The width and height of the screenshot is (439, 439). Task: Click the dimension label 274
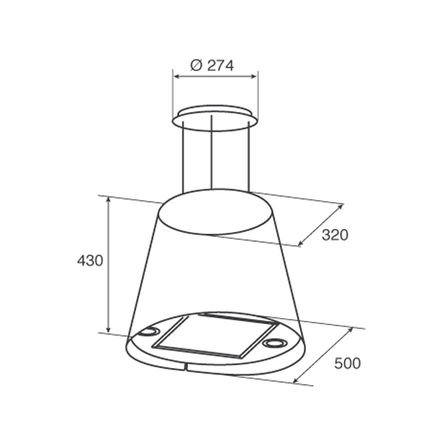click(x=220, y=66)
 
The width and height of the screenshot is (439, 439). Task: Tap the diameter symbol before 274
click(x=196, y=66)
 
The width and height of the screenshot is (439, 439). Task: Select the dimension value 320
click(x=335, y=235)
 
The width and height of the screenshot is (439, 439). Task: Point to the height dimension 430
click(x=90, y=260)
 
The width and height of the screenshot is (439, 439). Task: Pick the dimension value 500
click(x=348, y=364)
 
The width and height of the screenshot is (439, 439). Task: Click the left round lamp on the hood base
click(x=149, y=331)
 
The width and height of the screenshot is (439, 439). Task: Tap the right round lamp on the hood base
click(x=274, y=342)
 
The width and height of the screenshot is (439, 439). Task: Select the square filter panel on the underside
click(x=216, y=335)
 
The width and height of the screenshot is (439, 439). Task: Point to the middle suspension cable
click(x=211, y=151)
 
